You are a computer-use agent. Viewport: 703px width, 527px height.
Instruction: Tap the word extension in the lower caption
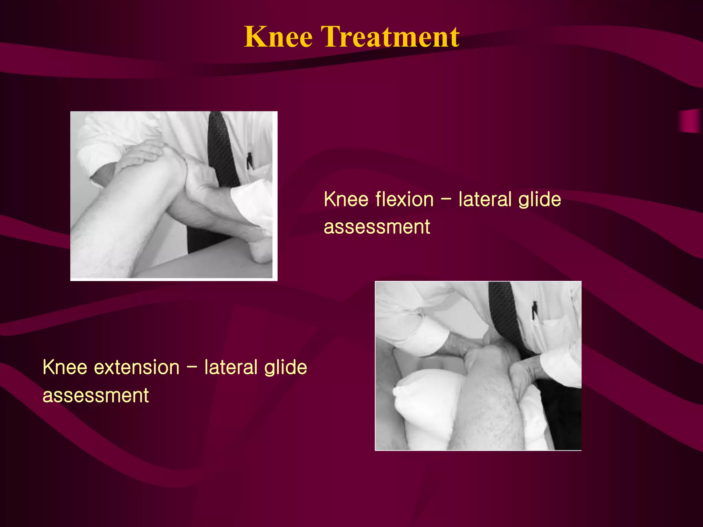(137, 367)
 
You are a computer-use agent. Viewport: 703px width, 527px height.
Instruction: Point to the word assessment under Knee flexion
(377, 227)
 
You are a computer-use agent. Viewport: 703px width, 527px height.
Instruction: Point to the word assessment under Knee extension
(95, 395)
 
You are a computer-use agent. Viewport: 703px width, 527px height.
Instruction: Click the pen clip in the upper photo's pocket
(250, 161)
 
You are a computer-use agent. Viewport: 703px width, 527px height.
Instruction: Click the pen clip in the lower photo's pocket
(534, 311)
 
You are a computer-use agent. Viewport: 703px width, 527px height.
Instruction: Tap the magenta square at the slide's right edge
(690, 121)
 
